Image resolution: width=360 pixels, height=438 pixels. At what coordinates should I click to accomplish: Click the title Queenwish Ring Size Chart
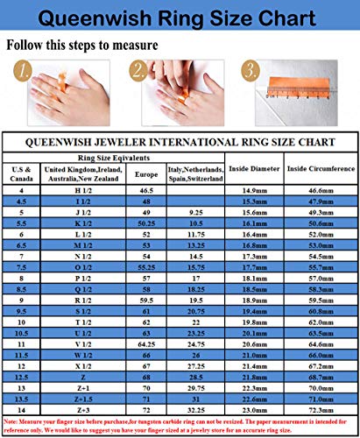[x=180, y=17]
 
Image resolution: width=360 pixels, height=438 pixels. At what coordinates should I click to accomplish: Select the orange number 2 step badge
[x=139, y=70]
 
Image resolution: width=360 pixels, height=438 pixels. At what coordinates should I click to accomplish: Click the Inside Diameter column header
[x=254, y=168]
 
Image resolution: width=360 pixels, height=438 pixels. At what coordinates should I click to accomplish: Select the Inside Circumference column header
[x=319, y=168]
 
